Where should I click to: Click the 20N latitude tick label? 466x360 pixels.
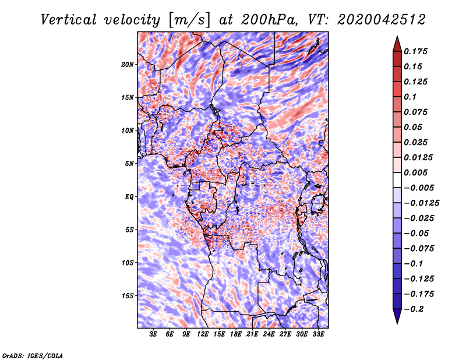pos(128,64)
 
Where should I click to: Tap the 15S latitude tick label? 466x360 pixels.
pos(128,296)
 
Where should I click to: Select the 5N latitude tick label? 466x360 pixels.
pos(129,164)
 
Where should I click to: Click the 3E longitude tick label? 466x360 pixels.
pos(153,334)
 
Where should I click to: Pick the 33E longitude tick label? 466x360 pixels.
pos(318,334)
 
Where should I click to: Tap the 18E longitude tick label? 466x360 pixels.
pos(236,334)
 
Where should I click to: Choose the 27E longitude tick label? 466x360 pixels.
pos(285,334)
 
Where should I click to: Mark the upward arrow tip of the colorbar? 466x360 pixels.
pos(397,38)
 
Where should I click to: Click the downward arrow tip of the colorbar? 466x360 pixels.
pos(397,322)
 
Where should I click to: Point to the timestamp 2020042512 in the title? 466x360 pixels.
pos(374,20)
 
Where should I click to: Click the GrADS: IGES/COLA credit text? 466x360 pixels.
pos(33,355)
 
